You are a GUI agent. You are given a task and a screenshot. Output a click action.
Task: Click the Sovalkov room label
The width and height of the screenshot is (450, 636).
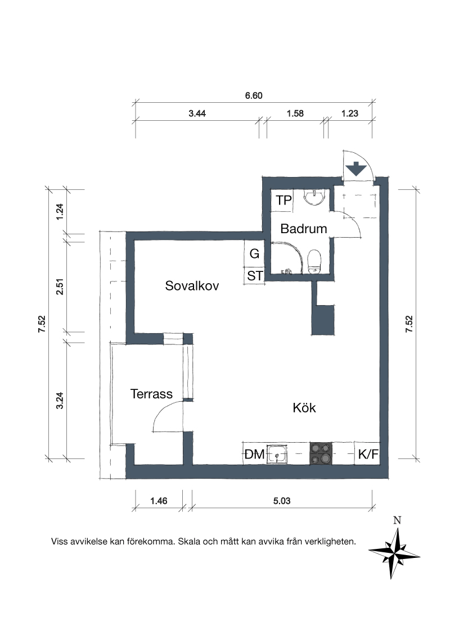[192, 286]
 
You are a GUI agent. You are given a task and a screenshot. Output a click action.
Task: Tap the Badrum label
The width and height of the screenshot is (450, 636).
[304, 229]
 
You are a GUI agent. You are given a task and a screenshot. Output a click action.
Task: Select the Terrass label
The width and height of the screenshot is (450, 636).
[151, 394]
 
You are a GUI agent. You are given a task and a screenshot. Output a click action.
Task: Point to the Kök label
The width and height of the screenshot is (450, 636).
[304, 408]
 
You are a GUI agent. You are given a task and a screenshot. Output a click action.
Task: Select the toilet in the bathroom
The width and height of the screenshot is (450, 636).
[314, 261]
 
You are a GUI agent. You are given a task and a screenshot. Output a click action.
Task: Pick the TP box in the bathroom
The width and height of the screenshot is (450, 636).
[283, 201]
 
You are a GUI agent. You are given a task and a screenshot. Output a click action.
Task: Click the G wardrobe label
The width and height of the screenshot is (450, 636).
[255, 254]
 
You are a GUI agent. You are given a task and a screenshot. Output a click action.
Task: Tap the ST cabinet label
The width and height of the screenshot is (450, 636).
[255, 276]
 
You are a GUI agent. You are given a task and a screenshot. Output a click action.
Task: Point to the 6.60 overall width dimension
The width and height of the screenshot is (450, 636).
[254, 96]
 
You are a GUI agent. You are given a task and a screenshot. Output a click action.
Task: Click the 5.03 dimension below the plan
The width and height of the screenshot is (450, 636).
[281, 501]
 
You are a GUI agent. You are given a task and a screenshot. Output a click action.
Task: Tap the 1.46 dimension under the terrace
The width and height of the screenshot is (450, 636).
[159, 501]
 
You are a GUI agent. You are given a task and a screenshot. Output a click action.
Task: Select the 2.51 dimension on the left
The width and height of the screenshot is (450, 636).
[60, 287]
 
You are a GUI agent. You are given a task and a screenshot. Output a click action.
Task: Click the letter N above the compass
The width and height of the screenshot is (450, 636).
[397, 520]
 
